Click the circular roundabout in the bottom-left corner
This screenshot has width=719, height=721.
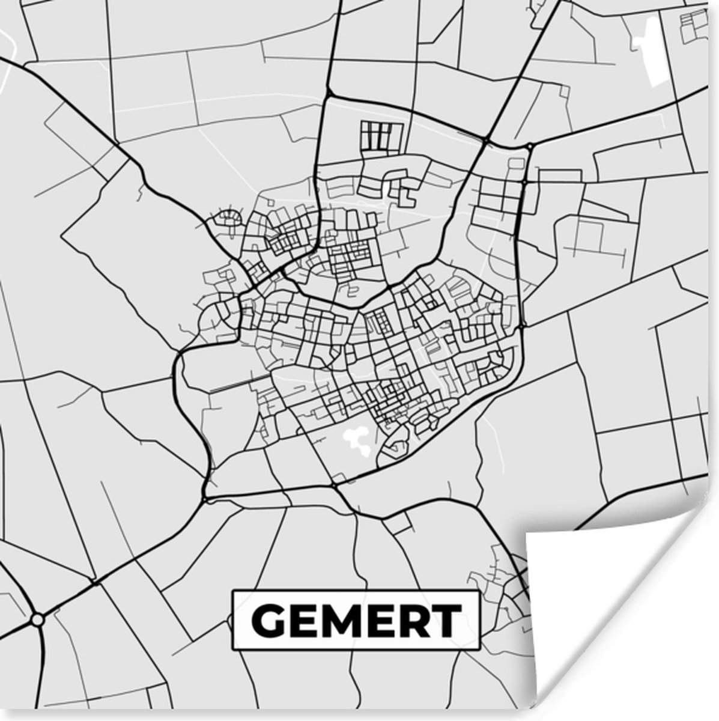pyautogui.click(x=38, y=618)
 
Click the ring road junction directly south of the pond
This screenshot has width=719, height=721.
pyautogui.click(x=334, y=484)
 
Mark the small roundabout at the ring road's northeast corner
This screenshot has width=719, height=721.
pyautogui.click(x=529, y=146)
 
